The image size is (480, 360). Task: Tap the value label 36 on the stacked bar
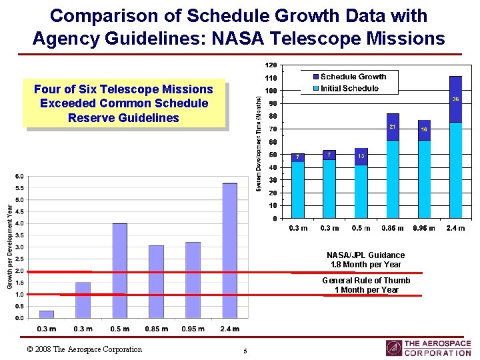455,99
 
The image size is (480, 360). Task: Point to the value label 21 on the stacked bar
393,127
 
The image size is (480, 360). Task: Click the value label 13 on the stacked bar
361,156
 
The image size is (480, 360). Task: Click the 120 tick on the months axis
270,65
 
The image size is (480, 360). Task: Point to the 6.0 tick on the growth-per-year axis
20,176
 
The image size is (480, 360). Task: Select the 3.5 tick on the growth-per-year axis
20,235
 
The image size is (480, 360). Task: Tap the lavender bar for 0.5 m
119,270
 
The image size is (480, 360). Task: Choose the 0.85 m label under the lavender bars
156,329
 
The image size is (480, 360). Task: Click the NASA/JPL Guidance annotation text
365,259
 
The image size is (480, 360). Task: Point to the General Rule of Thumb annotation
366,285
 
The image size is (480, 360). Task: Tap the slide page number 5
245,351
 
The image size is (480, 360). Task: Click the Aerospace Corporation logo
428,348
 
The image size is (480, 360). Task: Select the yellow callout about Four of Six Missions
124,103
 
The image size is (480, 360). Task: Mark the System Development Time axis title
259,142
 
